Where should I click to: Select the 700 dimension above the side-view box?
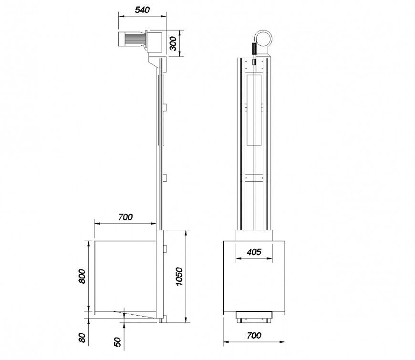pos(125,217)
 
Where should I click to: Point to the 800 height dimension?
pos(82,276)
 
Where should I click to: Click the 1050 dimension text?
pos(179,277)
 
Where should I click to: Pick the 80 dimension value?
pos(82,338)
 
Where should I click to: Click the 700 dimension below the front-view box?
pos(254,335)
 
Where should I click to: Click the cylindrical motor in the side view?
pos(130,39)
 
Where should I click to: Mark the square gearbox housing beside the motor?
pos(154,41)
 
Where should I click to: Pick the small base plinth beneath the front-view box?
pos(254,316)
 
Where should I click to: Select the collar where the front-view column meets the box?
pos(254,235)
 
